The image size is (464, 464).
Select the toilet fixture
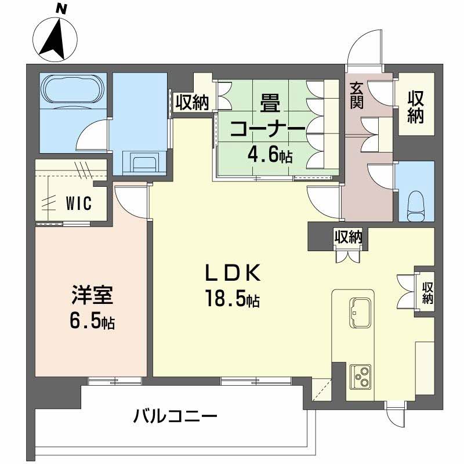click(x=416, y=205)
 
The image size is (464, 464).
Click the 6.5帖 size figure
click(x=89, y=321)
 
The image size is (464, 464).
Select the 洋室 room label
click(x=88, y=295)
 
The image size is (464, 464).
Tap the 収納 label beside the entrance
click(x=414, y=107)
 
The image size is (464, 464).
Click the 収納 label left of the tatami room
click(x=192, y=103)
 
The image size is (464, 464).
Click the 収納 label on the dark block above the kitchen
click(x=348, y=237)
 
